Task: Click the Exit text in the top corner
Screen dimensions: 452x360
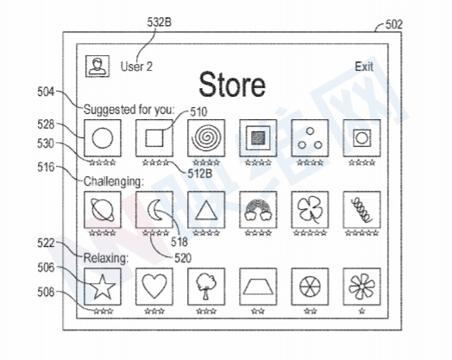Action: pos(364,66)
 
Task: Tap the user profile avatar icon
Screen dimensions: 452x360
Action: pos(97,66)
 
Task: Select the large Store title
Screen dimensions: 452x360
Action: pos(232,85)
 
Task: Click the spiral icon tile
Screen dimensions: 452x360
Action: pos(206,138)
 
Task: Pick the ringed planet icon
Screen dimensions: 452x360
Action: pos(103,210)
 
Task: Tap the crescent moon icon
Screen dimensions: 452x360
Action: pos(154,210)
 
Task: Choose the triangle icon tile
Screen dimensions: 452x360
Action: pos(206,210)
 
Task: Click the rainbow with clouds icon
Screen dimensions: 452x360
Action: pos(258,210)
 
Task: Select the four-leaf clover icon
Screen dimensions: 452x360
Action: pos(310,210)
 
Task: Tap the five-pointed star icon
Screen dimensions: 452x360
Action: pos(103,287)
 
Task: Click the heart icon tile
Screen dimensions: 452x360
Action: pos(154,287)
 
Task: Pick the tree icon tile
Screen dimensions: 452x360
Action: pos(206,287)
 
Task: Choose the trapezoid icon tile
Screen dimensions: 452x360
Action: pos(258,287)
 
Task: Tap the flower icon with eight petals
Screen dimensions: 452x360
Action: pos(361,287)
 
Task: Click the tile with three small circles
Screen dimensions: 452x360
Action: pos(310,138)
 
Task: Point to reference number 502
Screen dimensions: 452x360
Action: pos(393,24)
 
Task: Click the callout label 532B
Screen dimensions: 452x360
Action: pos(159,22)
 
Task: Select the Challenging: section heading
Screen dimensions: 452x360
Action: pos(113,182)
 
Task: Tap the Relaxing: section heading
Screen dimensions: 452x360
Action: pos(106,257)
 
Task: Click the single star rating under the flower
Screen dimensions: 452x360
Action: pos(361,311)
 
